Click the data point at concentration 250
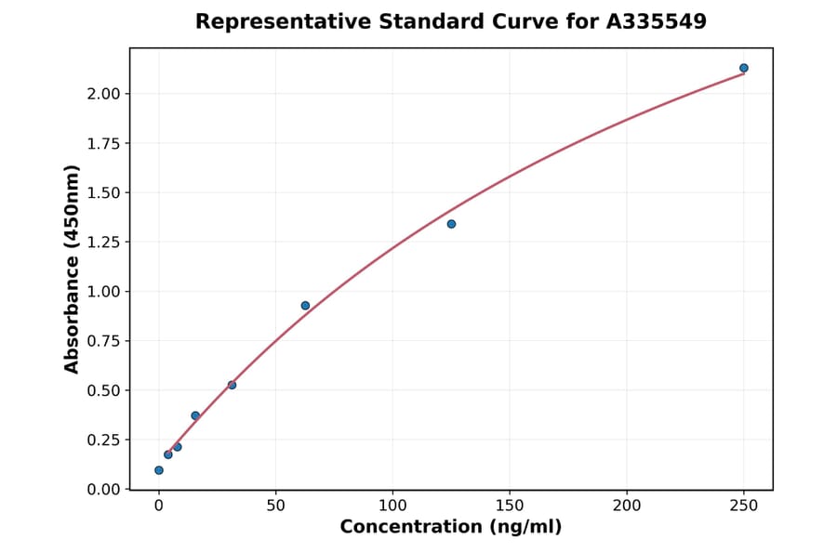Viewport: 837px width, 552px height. coord(744,68)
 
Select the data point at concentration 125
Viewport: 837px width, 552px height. coord(451,224)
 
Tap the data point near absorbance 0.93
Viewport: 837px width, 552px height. coord(305,306)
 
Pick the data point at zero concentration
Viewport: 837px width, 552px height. coord(159,470)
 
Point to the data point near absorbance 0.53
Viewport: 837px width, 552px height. coord(232,385)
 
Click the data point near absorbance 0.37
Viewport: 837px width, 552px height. coord(195,415)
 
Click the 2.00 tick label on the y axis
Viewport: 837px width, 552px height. coord(104,94)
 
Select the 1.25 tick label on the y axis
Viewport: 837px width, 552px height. coord(104,243)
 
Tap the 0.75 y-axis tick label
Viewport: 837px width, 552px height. coord(104,341)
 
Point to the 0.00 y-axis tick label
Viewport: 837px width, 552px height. coord(104,490)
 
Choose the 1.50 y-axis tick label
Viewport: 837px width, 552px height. coord(104,193)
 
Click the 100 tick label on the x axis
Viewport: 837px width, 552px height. coord(392,506)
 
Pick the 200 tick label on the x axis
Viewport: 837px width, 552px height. coord(627,506)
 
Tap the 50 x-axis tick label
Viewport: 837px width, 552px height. coord(275,506)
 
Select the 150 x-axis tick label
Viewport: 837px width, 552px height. coord(510,506)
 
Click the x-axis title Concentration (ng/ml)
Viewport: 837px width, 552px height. coord(451,528)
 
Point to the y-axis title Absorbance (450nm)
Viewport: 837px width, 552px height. coord(73,269)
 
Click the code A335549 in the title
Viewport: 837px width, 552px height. coord(657,21)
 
